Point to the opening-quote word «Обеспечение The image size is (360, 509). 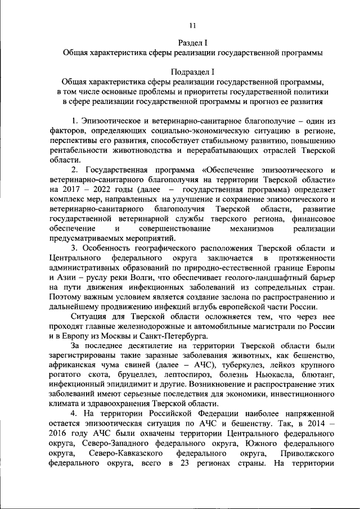[x=227, y=170]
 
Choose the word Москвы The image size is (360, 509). [x=137, y=337]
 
